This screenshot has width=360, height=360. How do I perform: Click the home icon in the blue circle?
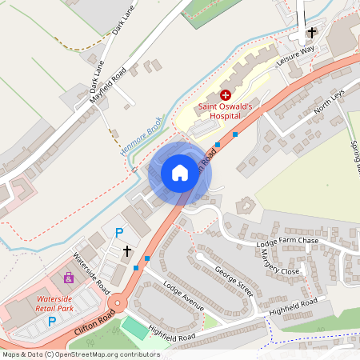179,173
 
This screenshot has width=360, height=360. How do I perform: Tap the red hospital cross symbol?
226,94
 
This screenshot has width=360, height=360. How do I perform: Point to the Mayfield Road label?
108,86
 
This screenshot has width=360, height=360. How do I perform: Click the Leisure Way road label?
295,55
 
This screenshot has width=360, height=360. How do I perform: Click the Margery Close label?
280,264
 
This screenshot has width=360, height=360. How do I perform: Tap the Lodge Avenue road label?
183,296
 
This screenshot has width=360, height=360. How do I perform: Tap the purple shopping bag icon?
69,278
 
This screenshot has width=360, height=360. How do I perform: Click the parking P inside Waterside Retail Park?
52,322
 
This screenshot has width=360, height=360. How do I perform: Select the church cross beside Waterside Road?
126,251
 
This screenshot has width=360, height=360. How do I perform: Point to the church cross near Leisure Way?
312,32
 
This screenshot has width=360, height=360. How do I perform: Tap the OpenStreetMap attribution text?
80,354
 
